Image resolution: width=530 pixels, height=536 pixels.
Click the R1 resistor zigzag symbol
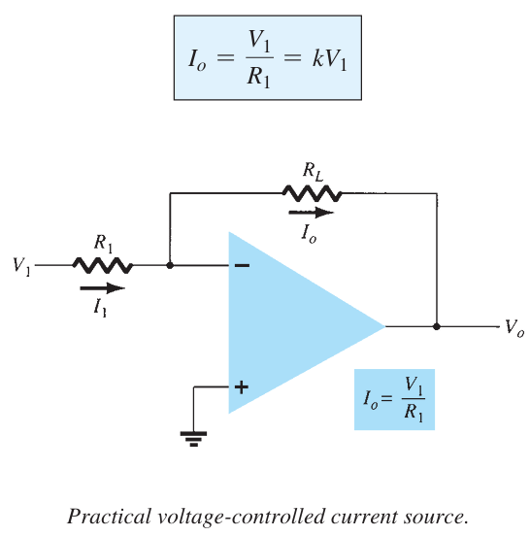101,265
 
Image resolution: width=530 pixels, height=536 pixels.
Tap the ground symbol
194,438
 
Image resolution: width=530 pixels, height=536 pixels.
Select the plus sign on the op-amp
241,386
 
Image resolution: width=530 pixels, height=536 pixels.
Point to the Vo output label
513,328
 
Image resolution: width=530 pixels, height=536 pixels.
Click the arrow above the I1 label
102,288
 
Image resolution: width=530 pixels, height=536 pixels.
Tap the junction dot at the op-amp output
436,326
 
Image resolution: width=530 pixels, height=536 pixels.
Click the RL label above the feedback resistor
312,170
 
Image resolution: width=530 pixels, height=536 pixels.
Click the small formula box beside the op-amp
393,399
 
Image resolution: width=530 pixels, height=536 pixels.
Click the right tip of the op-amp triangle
384,326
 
